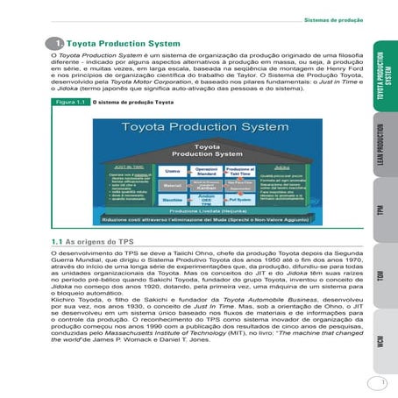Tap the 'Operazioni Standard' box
206,173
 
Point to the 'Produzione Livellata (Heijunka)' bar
207,211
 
